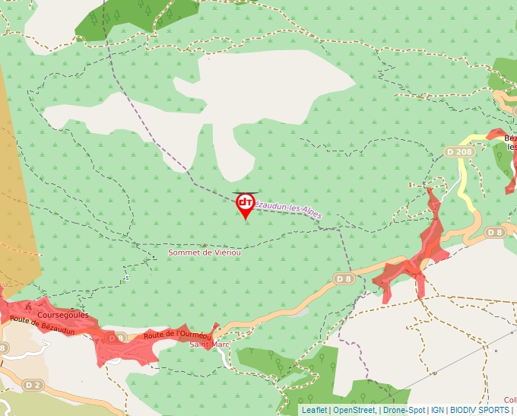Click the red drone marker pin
(x=246, y=204)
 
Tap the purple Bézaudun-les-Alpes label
(x=287, y=210)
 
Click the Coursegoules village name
(x=63, y=315)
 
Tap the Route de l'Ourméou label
(x=177, y=335)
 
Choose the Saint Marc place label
(x=210, y=345)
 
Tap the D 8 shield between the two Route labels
(x=115, y=338)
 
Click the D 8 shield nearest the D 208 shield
(x=495, y=232)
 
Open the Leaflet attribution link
(x=314, y=410)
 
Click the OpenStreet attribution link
(x=354, y=410)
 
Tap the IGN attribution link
(x=438, y=410)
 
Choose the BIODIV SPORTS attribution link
(x=479, y=410)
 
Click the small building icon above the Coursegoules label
(x=28, y=306)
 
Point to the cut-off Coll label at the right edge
(x=510, y=400)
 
